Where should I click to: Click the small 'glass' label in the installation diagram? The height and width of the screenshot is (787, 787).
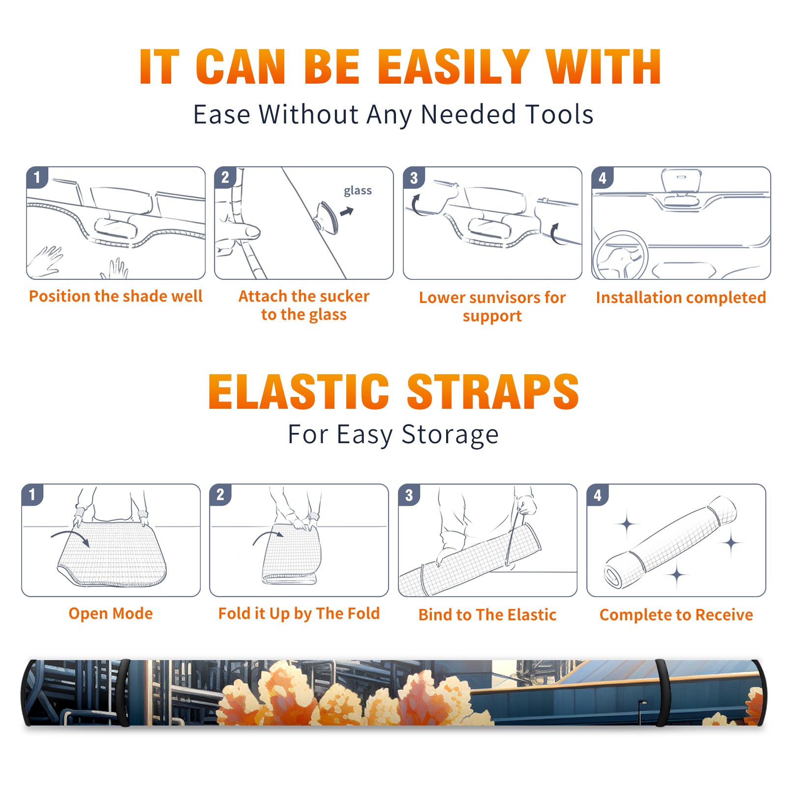[x=358, y=191]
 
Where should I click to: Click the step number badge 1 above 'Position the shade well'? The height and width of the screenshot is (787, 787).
[x=37, y=177]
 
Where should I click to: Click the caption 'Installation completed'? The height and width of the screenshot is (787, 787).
[x=681, y=298]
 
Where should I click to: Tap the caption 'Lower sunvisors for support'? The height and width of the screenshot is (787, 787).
[x=492, y=306]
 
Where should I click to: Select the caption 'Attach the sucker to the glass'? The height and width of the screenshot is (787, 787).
[x=304, y=305]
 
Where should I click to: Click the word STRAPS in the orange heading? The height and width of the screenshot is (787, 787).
[x=493, y=392]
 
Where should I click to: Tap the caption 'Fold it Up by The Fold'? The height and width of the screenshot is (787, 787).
[x=299, y=613]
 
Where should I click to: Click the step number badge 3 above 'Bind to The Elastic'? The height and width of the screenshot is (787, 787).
[x=409, y=495]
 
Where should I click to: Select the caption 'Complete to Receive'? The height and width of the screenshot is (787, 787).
[x=676, y=615]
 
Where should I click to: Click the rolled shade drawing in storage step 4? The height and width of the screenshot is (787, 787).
[x=670, y=542]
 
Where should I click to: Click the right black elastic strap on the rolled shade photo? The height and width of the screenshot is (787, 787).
[x=663, y=693]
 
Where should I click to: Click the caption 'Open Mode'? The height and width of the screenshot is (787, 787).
[x=111, y=613]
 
